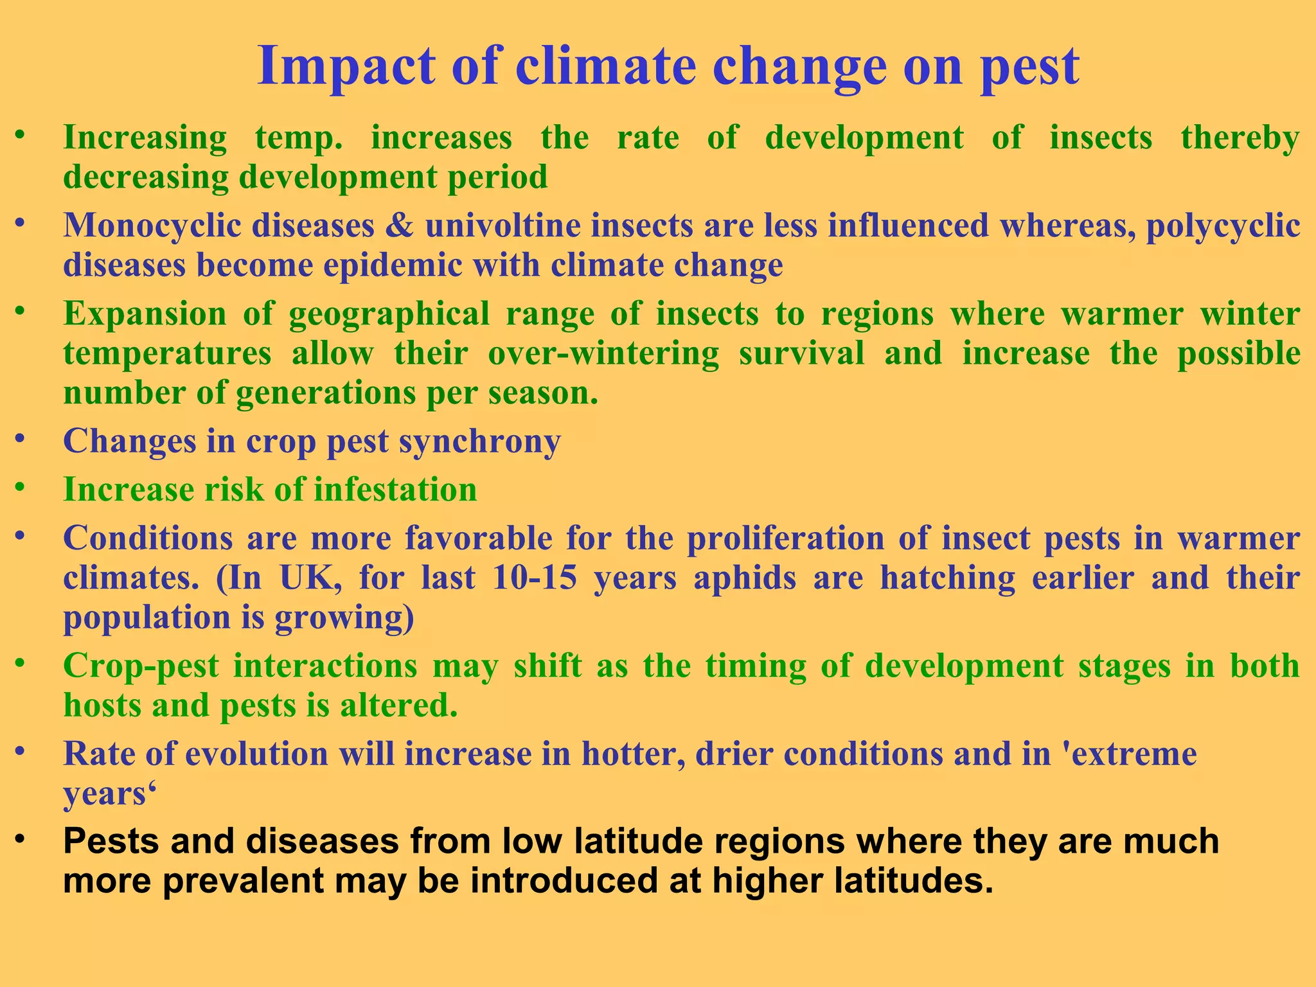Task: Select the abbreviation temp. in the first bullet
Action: click(299, 138)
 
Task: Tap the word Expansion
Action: click(145, 314)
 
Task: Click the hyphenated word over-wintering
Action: click(603, 354)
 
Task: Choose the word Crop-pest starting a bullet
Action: click(141, 666)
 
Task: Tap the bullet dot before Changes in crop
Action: click(21, 439)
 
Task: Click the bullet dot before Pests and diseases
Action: click(21, 840)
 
